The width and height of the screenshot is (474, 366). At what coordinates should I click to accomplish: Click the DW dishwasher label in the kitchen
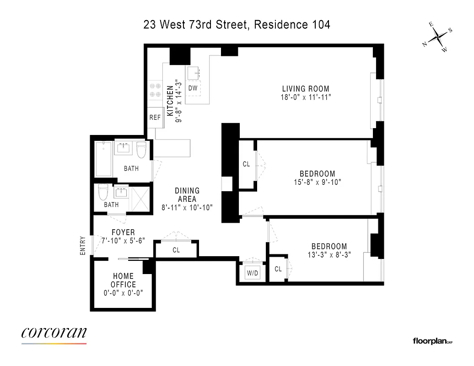(193, 88)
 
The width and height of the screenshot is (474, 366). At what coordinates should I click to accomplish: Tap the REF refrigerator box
(155, 118)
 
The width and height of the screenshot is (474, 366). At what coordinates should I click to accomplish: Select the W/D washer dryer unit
(253, 274)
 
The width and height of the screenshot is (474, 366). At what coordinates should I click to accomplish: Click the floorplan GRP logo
(432, 341)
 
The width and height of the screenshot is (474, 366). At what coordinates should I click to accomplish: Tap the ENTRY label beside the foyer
(83, 245)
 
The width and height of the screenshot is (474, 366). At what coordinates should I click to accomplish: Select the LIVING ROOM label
(306, 89)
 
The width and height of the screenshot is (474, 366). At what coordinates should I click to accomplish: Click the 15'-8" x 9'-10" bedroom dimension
(318, 182)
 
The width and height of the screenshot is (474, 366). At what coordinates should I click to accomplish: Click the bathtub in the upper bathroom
(103, 159)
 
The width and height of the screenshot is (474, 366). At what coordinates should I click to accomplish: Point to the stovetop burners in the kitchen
(155, 90)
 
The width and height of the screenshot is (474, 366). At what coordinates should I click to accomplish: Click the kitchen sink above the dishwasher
(193, 72)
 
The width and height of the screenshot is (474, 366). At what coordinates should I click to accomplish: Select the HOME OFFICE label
(124, 280)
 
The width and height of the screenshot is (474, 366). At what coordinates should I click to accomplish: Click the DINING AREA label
(187, 194)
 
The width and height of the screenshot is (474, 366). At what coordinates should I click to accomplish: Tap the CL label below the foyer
(176, 250)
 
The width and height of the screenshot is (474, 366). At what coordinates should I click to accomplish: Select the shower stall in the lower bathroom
(140, 198)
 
